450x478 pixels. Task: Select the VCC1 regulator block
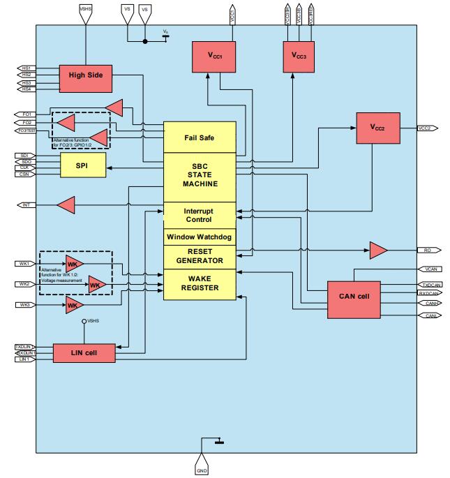214,56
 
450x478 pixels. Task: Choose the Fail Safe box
199,137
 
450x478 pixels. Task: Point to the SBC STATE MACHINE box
199,177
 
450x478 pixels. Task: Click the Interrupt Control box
199,215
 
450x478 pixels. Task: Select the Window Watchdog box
199,237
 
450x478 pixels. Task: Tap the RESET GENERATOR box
199,256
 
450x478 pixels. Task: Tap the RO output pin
427,249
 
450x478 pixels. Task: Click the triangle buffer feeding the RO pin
378,249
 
